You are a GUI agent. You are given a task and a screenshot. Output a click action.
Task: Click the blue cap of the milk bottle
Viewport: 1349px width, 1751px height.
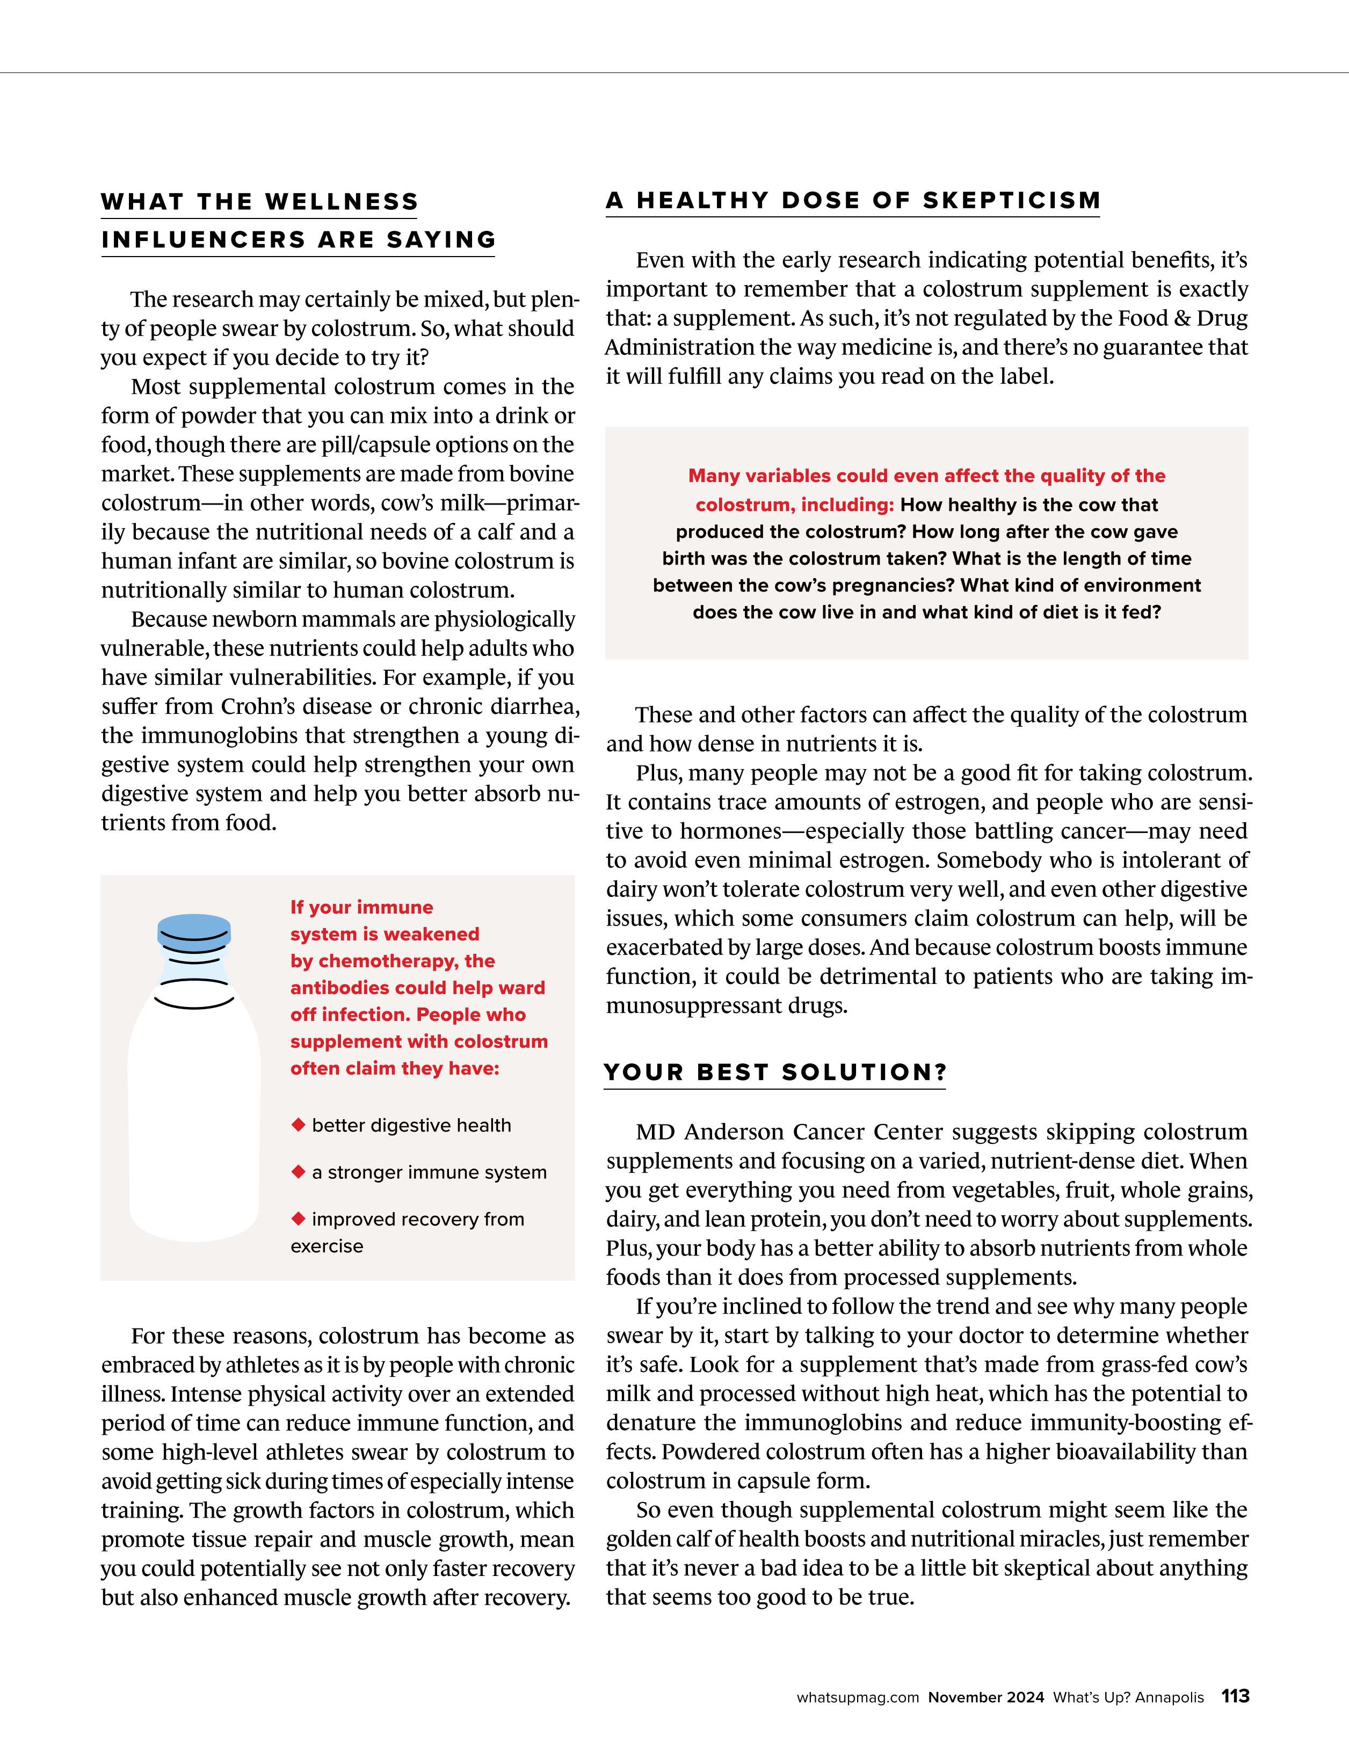(194, 930)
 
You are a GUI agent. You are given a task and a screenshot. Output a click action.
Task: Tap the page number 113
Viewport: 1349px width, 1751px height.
(1235, 1696)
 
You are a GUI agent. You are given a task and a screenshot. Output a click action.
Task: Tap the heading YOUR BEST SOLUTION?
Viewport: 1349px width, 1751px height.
(775, 1072)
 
